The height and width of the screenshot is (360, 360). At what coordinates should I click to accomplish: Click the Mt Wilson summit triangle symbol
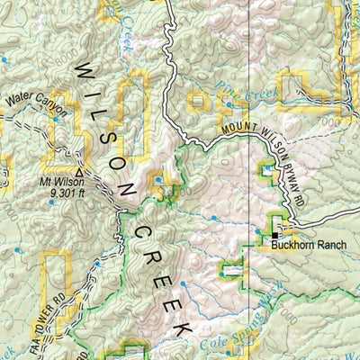click(79, 171)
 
